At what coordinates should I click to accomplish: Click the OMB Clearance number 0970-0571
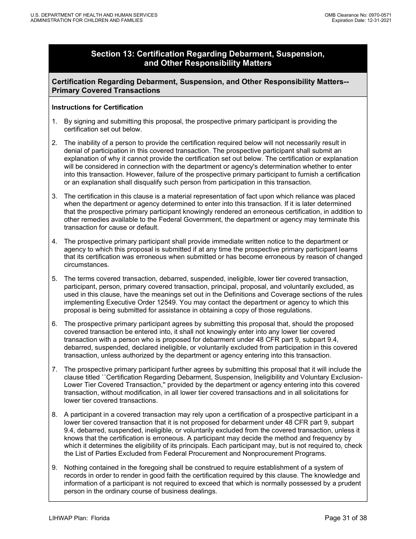pos(379,15)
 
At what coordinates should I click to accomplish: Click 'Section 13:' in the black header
pos(113,54)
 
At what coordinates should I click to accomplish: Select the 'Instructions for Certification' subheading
pos(97,107)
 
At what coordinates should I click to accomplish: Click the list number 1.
pos(54,121)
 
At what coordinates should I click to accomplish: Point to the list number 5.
pos(54,279)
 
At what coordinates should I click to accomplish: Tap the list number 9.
pos(54,468)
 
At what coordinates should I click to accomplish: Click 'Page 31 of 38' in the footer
pos(346,518)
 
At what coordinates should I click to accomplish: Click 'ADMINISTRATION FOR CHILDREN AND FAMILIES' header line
pos(86,20)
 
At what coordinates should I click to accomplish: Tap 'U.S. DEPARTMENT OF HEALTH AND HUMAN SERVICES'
pos(94,15)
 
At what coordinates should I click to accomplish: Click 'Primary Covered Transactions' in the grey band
pos(106,91)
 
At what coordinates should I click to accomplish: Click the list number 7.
pos(54,369)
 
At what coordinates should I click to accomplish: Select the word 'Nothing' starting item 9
pos(76,468)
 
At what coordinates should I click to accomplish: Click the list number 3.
pos(54,196)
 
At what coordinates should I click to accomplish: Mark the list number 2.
pos(54,142)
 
